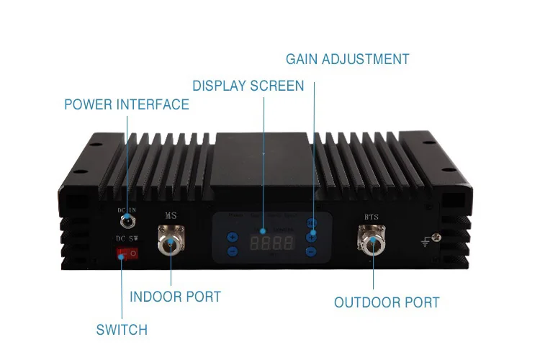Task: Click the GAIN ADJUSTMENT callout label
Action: point(347,59)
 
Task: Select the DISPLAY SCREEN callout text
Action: point(248,86)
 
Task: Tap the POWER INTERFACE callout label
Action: point(127,104)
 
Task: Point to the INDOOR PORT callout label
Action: point(175,297)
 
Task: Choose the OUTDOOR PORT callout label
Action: point(387,302)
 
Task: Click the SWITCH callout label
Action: point(122,330)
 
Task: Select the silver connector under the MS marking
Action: point(171,244)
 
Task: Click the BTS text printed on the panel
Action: point(372,215)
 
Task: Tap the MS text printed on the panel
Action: point(171,215)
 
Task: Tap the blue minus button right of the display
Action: point(311,251)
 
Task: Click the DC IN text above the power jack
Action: point(127,210)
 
